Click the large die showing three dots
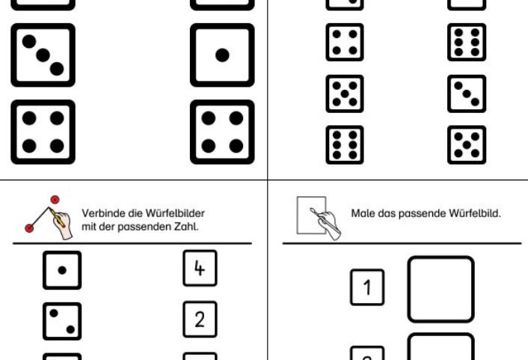(43, 55)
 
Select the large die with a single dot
(221, 55)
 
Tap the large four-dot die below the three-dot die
(43, 132)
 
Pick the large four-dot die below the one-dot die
(221, 132)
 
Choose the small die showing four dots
(345, 42)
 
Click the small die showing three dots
(467, 94)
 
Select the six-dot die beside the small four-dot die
(467, 42)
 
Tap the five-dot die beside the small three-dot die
(345, 94)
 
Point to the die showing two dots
(61, 321)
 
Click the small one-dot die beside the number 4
(61, 270)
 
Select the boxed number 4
(200, 269)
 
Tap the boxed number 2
(200, 320)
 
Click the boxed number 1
(367, 287)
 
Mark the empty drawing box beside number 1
(440, 289)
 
